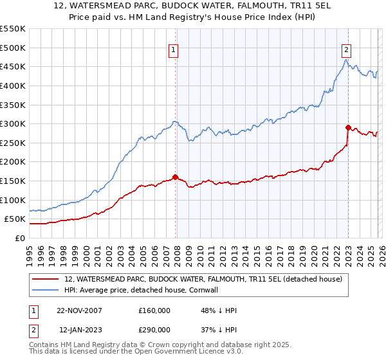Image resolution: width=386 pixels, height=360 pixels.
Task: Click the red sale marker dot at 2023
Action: click(x=348, y=127)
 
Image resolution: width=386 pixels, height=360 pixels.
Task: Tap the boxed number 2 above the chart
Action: click(x=347, y=50)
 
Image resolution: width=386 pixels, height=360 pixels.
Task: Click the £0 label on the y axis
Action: click(x=19, y=238)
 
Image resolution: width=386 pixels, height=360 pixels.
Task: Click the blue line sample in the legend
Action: click(x=46, y=291)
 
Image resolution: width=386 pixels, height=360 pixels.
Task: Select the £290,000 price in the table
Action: click(x=154, y=329)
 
